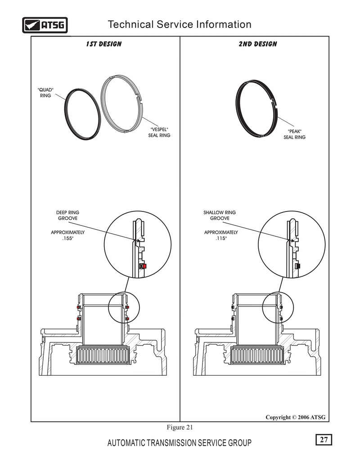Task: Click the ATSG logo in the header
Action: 45,25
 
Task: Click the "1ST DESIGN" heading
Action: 103,44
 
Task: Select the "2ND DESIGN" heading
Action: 258,44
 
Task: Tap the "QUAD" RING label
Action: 45,93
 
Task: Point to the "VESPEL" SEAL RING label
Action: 159,132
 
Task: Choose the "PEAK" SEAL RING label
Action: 294,135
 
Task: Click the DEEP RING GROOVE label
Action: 67,215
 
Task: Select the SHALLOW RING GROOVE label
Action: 220,215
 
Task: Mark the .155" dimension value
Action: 67,238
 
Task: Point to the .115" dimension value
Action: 221,238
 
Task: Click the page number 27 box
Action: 324,440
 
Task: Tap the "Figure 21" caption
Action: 180,427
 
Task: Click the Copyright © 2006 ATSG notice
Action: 295,417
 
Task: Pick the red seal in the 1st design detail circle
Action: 144,266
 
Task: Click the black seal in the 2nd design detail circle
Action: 298,266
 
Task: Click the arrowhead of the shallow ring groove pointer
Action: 292,241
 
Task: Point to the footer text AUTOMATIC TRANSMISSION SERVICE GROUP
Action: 179,443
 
